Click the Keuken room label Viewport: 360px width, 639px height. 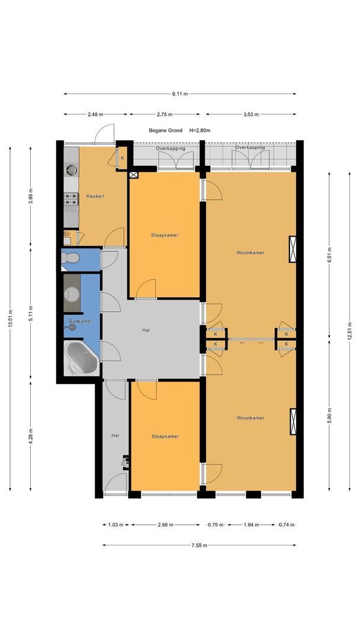[95, 196]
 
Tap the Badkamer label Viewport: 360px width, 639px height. [81, 321]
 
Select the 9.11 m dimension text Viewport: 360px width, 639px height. [180, 93]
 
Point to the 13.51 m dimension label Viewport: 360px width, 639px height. [10, 318]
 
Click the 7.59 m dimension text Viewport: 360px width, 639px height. [199, 546]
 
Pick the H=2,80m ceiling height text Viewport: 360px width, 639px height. [200, 130]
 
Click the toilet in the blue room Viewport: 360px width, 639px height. [70, 258]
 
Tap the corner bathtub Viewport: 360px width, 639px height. [82, 359]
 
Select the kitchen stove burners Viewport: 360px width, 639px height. [71, 199]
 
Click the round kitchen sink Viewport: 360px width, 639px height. [72, 170]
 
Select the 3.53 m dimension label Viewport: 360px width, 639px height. [250, 115]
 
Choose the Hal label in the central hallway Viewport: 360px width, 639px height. [146, 330]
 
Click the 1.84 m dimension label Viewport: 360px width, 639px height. [251, 525]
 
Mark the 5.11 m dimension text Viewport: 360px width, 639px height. [31, 314]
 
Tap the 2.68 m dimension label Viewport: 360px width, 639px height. [166, 525]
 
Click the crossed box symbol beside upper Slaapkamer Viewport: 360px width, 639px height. [134, 175]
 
